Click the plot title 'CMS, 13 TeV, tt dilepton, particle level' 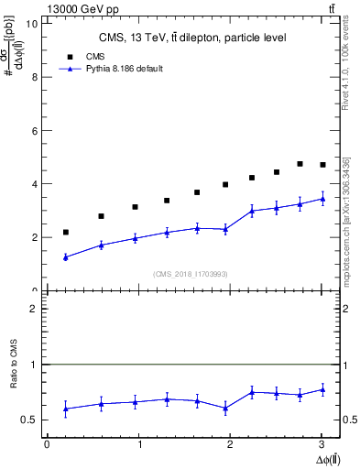point(191,38)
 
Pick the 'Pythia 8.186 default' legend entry point(119,69)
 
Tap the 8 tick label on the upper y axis point(34,77)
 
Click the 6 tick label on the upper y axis point(34,131)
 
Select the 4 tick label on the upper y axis point(34,184)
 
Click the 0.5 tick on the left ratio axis point(29,420)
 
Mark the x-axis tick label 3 point(322,444)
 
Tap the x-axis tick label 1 point(139,444)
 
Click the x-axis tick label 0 point(47,444)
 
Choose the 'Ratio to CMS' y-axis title point(14,378)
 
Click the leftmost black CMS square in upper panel point(65,233)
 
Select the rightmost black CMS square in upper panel point(322,165)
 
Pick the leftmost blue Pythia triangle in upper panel point(65,257)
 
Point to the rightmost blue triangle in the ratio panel point(322,389)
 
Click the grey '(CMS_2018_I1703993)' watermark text point(191,274)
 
